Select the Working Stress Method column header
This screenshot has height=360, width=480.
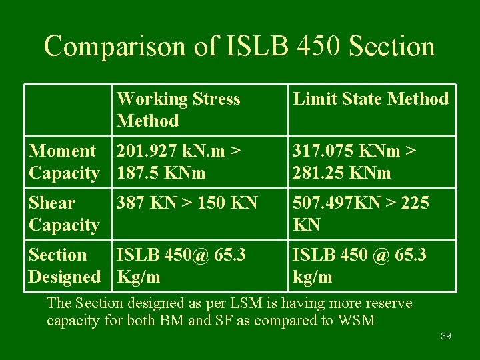click(x=178, y=109)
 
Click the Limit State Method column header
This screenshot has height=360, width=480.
click(x=371, y=99)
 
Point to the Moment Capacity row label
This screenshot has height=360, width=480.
click(x=64, y=162)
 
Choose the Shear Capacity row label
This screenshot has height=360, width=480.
click(x=64, y=213)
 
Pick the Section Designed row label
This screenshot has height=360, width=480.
click(x=64, y=265)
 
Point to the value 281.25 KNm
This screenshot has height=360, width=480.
click(x=340, y=173)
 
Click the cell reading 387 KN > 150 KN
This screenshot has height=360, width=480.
click(x=187, y=203)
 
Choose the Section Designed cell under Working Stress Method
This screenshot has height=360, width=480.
click(x=181, y=265)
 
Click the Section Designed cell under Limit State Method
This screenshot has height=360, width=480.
click(x=359, y=265)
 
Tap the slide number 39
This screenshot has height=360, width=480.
click(x=446, y=336)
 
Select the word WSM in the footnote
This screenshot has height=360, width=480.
click(x=357, y=321)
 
